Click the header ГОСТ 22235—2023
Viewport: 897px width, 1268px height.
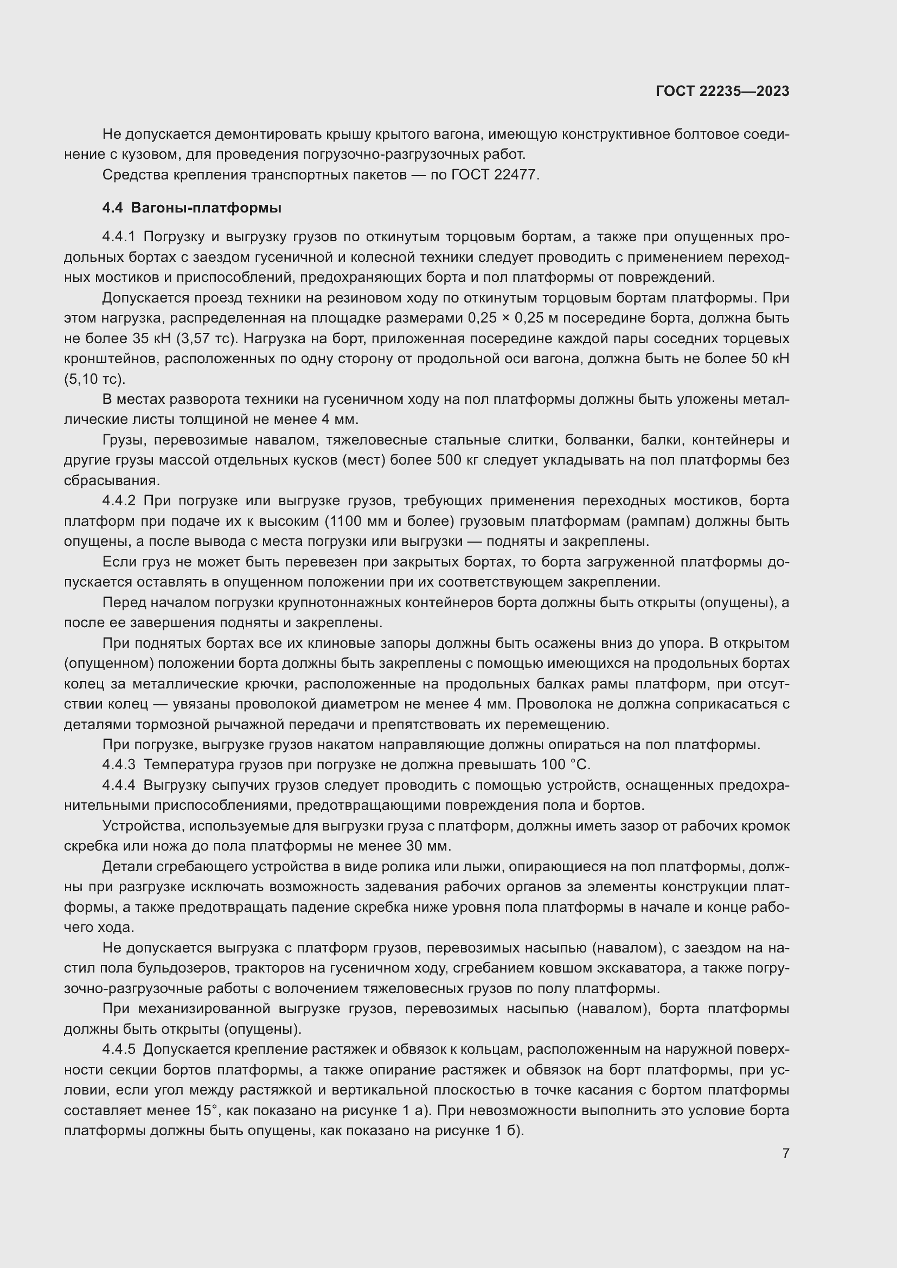(722, 91)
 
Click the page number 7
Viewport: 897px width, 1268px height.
(785, 1153)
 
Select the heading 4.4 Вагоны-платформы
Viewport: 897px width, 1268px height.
(191, 208)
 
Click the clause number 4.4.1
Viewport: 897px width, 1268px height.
(118, 237)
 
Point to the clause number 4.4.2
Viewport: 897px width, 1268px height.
(118, 501)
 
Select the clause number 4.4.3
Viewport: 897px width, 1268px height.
(118, 765)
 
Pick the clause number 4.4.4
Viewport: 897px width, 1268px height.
(118, 786)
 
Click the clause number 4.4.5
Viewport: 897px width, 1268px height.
(118, 1050)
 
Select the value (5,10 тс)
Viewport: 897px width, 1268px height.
(94, 379)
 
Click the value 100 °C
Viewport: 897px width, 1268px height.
(569, 765)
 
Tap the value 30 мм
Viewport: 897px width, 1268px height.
(428, 846)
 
